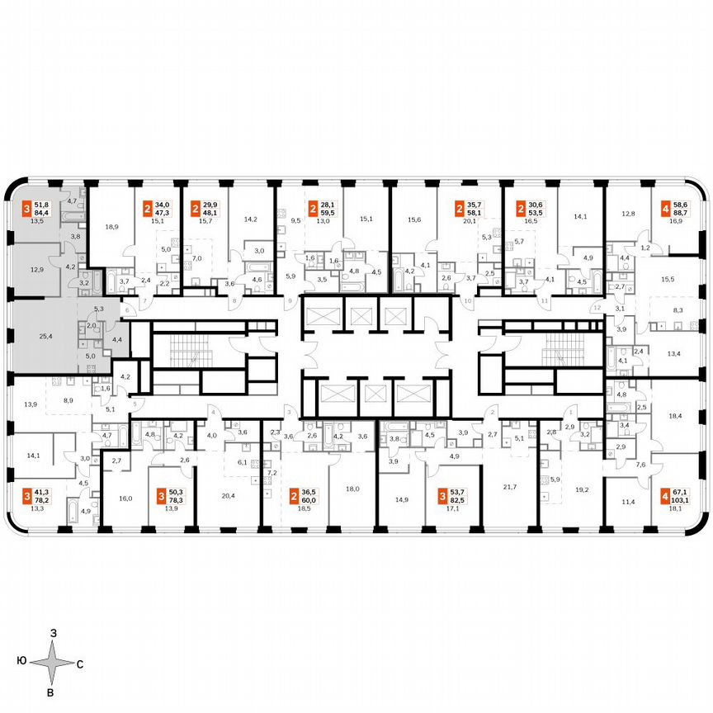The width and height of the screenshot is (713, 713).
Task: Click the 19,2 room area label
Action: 583,489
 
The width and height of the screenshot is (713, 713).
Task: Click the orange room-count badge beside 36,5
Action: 295,496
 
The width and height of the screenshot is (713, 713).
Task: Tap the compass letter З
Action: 53,632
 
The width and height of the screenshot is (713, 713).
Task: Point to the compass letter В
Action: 50,692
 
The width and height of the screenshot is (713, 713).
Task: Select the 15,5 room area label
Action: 667,280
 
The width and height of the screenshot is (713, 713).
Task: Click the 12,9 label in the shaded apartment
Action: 36,270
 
